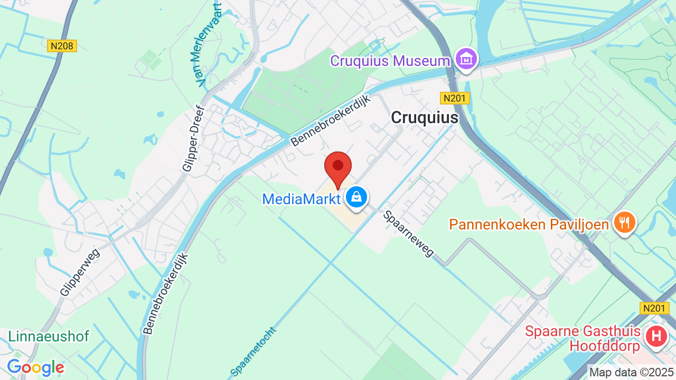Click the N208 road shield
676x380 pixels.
62,46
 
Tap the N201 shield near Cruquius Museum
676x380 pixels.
455,98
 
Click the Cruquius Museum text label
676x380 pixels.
390,61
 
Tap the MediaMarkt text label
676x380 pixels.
302,199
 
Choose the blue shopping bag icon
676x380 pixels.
357,197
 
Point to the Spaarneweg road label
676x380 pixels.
409,233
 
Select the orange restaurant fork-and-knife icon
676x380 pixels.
625,222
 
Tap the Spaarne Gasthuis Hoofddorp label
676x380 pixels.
583,338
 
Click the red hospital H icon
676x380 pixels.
656,336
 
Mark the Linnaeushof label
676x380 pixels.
49,336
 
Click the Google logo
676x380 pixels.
35,367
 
